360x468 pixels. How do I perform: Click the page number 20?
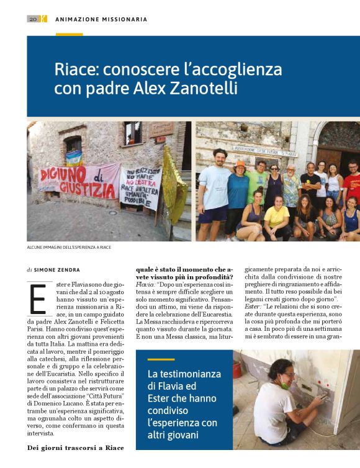32,19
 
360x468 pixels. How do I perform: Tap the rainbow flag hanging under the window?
74,157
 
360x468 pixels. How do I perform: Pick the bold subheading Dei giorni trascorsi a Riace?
74,448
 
